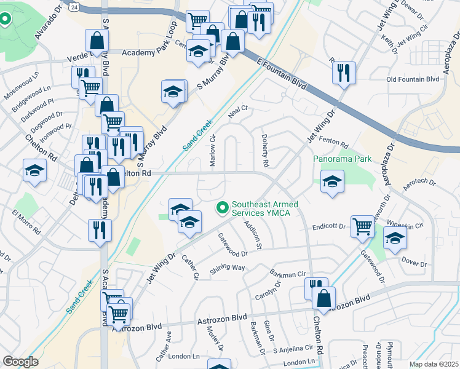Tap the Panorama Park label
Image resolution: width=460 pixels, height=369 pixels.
click(343, 159)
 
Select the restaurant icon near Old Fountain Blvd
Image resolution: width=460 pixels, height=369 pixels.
click(343, 71)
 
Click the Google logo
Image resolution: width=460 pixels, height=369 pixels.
click(20, 362)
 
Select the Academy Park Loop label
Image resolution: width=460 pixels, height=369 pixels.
click(149, 53)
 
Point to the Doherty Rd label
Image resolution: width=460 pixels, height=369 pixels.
click(265, 151)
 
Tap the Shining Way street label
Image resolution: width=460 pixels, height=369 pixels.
click(227, 268)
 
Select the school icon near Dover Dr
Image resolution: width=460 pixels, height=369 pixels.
click(395, 237)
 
